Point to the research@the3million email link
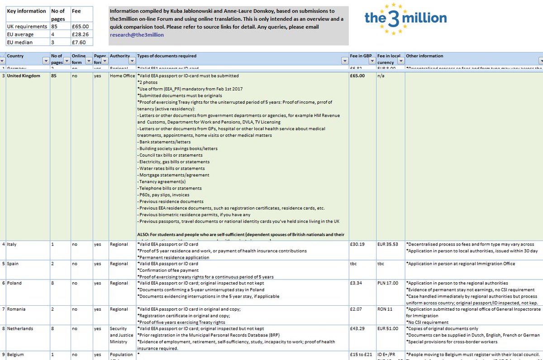[x=137, y=34]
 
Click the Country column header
[x=15, y=56]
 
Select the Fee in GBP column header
[x=361, y=56]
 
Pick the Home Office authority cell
[x=122, y=76]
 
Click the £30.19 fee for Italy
[x=357, y=244]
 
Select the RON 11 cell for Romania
[x=385, y=309]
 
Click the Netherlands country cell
[x=20, y=329]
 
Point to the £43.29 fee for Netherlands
[x=357, y=329]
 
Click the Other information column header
[x=425, y=56]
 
